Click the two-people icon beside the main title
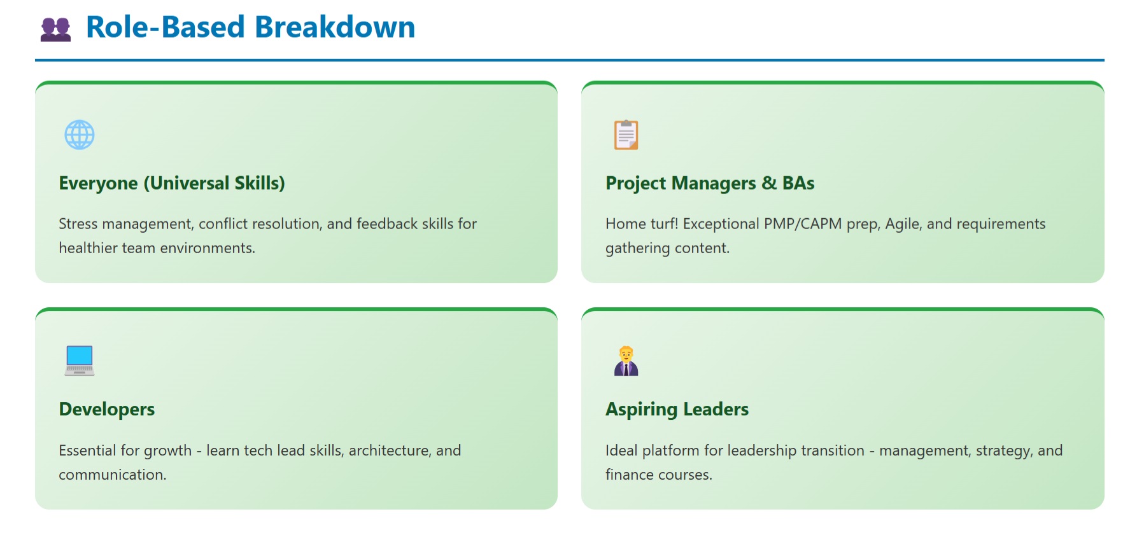pyautogui.click(x=55, y=29)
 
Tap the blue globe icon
pyautogui.click(x=80, y=135)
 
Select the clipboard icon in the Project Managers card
pyautogui.click(x=626, y=135)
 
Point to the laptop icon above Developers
pyautogui.click(x=80, y=361)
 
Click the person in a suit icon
pyautogui.click(x=626, y=361)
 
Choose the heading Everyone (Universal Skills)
pyautogui.click(x=172, y=183)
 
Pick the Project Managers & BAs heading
pyautogui.click(x=710, y=183)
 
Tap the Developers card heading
pyautogui.click(x=107, y=409)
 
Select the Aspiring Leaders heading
pyautogui.click(x=677, y=409)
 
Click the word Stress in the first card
pyautogui.click(x=78, y=224)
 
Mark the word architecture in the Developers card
pyautogui.click(x=390, y=450)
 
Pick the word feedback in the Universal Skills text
pyautogui.click(x=387, y=224)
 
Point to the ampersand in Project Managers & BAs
pyautogui.click(x=769, y=183)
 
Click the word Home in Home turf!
pyautogui.click(x=625, y=224)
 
